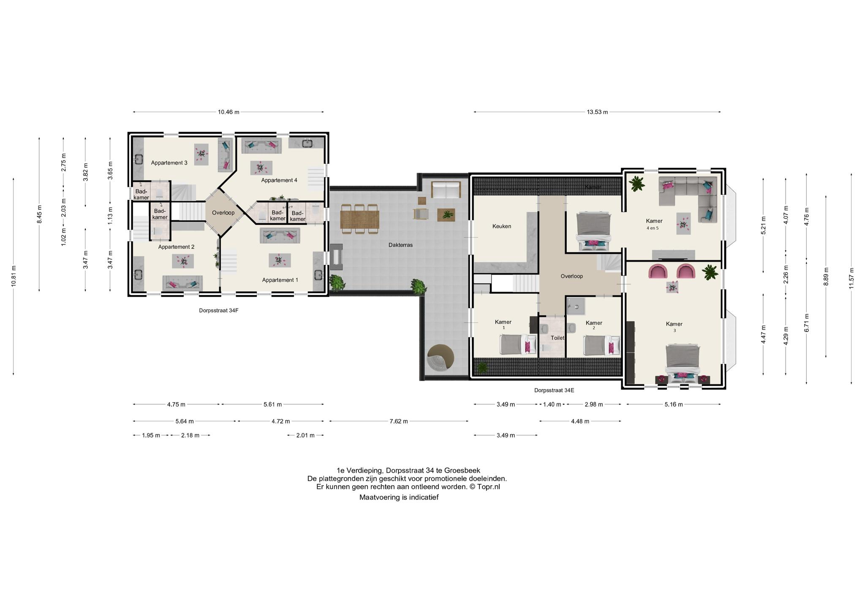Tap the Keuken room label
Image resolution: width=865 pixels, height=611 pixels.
(x=502, y=226)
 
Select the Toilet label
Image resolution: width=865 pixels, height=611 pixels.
(x=558, y=338)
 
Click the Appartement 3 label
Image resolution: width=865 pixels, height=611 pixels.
(x=169, y=163)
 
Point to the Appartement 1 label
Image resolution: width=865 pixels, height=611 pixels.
(x=280, y=280)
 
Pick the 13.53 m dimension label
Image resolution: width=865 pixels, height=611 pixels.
(x=597, y=112)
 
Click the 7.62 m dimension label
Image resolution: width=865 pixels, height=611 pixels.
(x=399, y=421)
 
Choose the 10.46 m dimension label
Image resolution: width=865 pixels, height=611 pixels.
(x=228, y=112)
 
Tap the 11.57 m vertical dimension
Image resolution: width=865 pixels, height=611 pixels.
(x=851, y=278)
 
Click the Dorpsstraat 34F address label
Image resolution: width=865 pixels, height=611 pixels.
(x=216, y=311)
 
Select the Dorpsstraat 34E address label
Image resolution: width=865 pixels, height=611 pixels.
(x=554, y=390)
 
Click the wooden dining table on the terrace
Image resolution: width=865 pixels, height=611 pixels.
(x=359, y=219)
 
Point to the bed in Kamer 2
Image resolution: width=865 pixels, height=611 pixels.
(x=601, y=345)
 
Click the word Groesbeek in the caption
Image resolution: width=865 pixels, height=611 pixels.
(x=462, y=470)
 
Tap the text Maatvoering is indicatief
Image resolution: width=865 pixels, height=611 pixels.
(x=399, y=497)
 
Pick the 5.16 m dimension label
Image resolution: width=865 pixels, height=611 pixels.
(x=673, y=404)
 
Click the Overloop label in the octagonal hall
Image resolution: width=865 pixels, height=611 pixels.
(x=223, y=213)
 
